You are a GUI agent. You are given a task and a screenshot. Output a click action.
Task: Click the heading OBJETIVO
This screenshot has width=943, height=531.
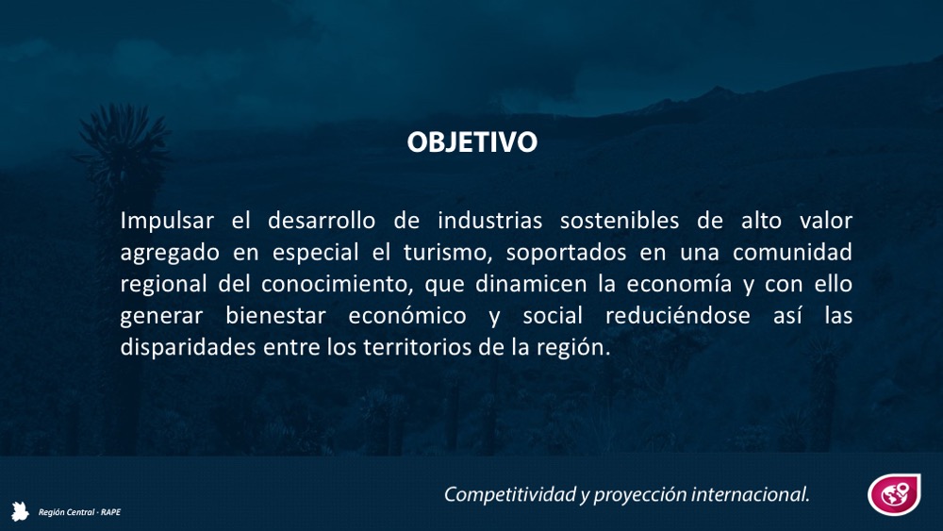pos(472,141)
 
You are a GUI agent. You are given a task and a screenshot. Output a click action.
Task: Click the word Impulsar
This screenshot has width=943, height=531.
pos(167,221)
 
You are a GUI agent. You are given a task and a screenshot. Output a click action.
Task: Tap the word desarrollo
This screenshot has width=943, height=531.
pos(322,221)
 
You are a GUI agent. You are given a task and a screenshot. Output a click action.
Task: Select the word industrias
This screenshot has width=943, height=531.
pos(489,221)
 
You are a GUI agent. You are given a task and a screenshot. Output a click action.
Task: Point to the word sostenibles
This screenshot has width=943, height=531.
pos(620,221)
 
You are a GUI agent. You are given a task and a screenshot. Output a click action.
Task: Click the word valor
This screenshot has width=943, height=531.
pos(826,221)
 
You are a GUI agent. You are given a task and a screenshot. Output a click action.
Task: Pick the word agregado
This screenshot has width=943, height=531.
pos(170,253)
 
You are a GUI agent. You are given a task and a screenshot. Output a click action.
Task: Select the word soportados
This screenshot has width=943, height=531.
pos(566,253)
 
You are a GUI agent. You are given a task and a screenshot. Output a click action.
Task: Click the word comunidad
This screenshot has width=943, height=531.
pos(792,253)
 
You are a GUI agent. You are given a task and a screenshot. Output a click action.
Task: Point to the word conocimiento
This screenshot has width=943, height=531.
pos(337,285)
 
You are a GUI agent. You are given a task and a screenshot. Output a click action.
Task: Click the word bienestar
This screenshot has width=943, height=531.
pos(275,316)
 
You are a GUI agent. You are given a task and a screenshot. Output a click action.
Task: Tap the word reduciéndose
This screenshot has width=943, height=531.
pos(678,316)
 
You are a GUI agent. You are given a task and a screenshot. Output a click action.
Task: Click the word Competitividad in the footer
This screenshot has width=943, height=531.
pos(510,494)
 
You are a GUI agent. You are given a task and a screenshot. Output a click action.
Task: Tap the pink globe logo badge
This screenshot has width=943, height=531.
pos(894,494)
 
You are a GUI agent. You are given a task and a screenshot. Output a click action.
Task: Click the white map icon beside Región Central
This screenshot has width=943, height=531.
pos(20,511)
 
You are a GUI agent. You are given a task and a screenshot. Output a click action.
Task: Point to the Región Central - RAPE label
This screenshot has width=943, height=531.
pos(79,512)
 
